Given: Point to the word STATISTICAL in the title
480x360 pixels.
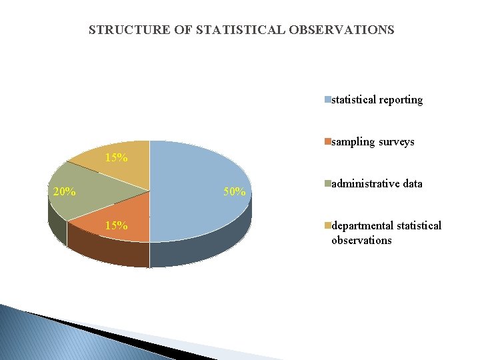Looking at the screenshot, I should pos(245,30).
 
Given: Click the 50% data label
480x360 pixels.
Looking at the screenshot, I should pos(235,193).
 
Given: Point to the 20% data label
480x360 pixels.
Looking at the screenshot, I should pos(63,192).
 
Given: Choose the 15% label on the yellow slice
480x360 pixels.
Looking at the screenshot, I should pos(117,158).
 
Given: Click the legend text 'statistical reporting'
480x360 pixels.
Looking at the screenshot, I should pos(377,100).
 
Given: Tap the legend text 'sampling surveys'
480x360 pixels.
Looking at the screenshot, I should pos(373,142).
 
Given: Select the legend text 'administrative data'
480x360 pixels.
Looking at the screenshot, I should pos(377,183).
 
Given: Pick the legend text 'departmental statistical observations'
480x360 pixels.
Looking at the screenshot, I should pos(386,233).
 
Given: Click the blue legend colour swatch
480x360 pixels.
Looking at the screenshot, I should pos(327,100).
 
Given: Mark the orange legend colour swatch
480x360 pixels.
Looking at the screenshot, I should pos(327,142).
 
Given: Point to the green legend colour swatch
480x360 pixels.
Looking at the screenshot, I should pos(327,183).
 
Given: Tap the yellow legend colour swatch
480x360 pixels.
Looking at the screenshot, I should pos(327,226).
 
